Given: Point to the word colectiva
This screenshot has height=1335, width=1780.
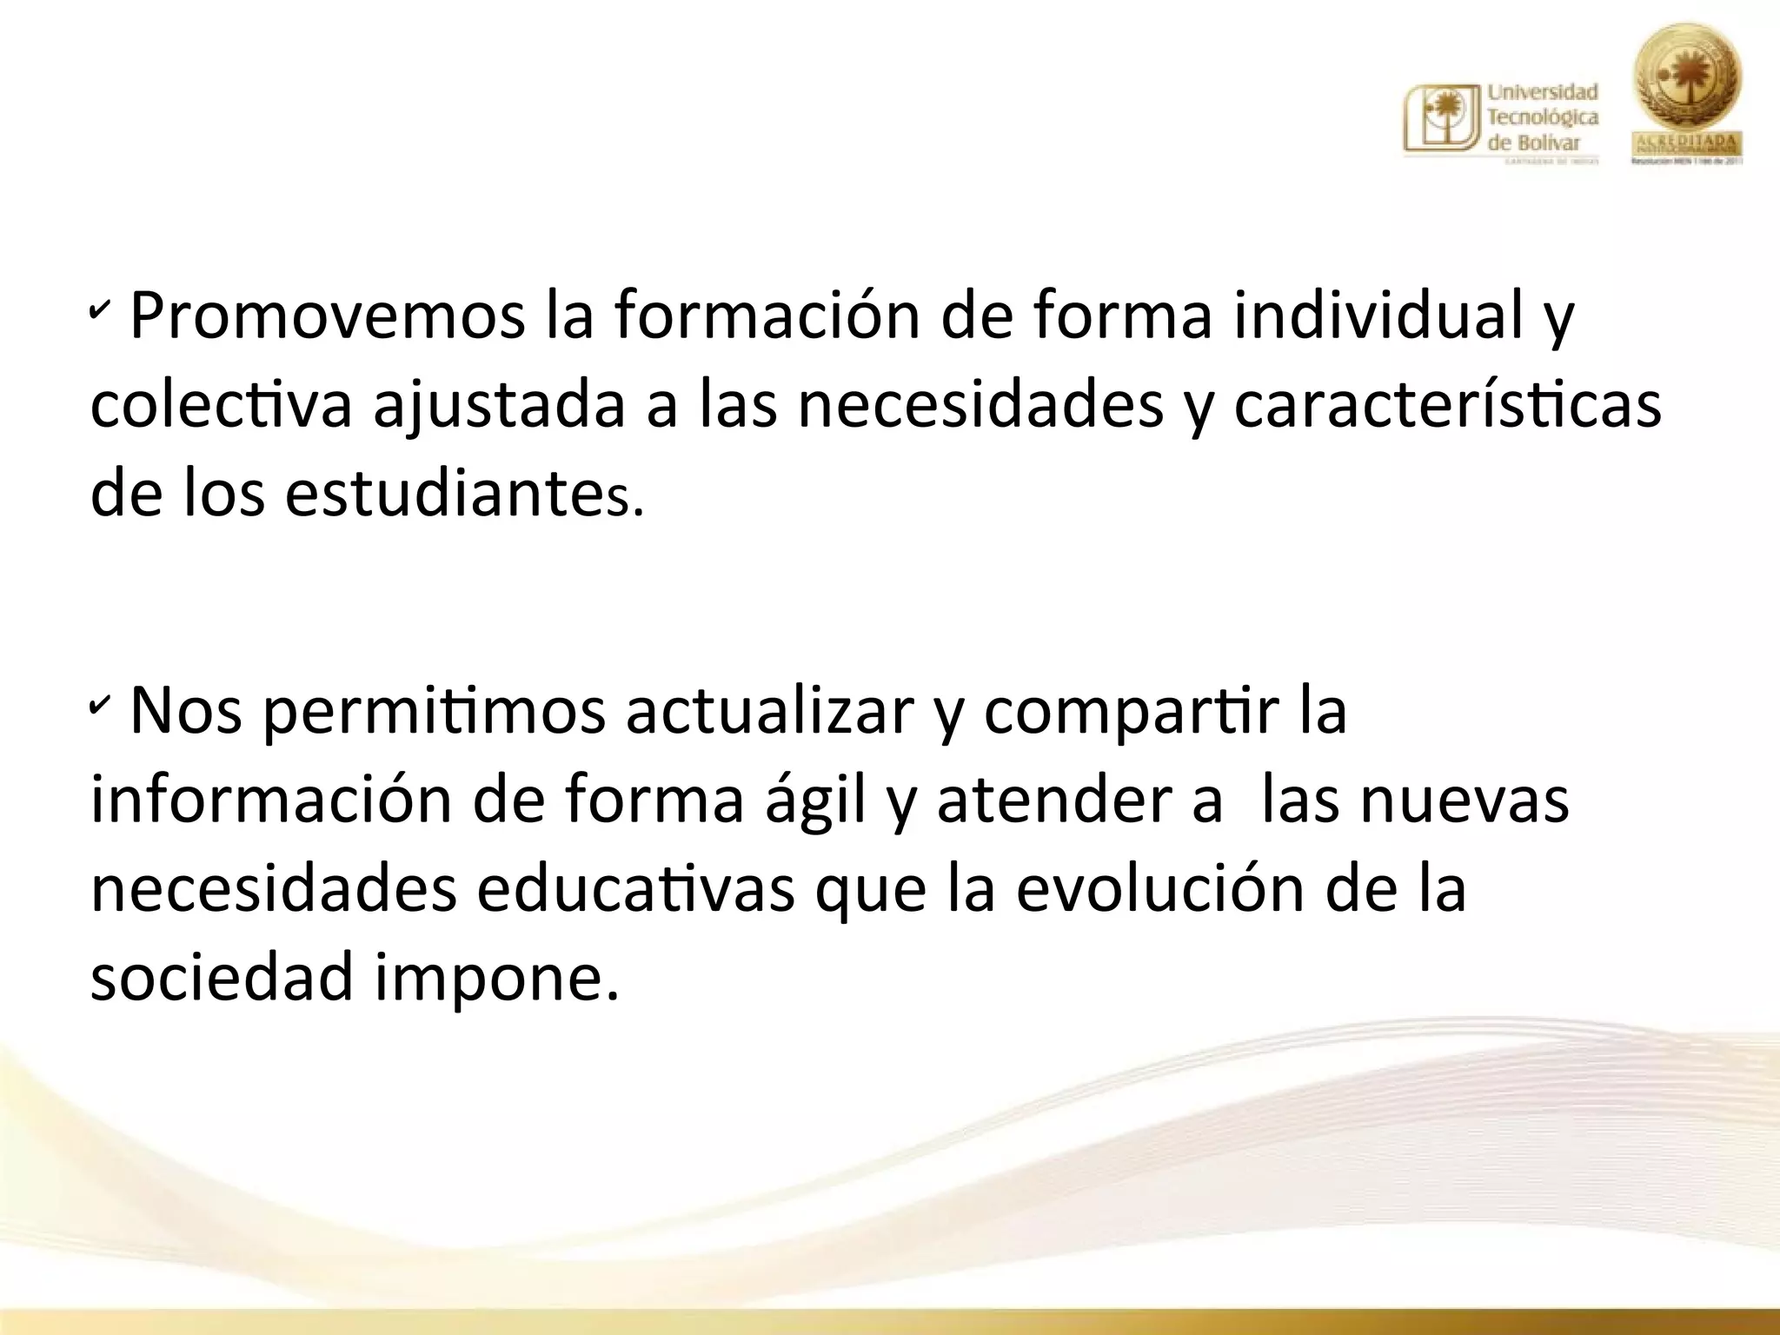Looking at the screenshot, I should tap(222, 405).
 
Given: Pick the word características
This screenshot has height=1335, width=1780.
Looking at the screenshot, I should tap(1447, 405).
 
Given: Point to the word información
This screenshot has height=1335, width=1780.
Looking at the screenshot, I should tap(271, 800).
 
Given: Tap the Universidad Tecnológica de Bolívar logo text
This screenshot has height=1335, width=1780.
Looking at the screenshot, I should tap(1543, 116).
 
